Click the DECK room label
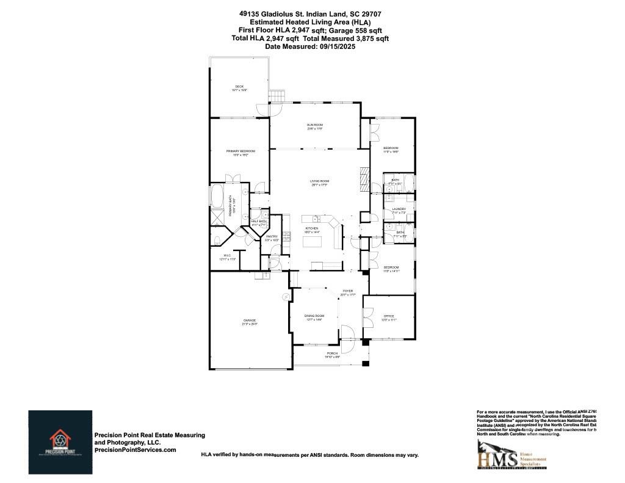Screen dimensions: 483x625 pyautogui.click(x=239, y=87)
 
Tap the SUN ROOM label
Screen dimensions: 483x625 pyautogui.click(x=314, y=125)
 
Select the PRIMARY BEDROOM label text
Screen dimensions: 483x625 pyautogui.click(x=240, y=151)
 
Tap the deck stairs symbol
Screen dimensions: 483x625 pyautogui.click(x=277, y=96)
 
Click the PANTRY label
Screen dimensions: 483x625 pyautogui.click(x=272, y=236)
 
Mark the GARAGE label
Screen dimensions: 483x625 pyautogui.click(x=249, y=321)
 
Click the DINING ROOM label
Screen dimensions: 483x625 pyautogui.click(x=314, y=316)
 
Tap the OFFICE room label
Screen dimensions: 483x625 pyautogui.click(x=389, y=316)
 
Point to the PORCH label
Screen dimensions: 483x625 pyautogui.click(x=332, y=353)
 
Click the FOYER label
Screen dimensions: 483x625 pyautogui.click(x=348, y=291)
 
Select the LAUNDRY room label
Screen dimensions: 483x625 pyautogui.click(x=391, y=209)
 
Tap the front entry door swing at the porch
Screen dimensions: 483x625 pyautogui.click(x=347, y=332)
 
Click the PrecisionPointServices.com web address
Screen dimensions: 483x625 pyautogui.click(x=135, y=449)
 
